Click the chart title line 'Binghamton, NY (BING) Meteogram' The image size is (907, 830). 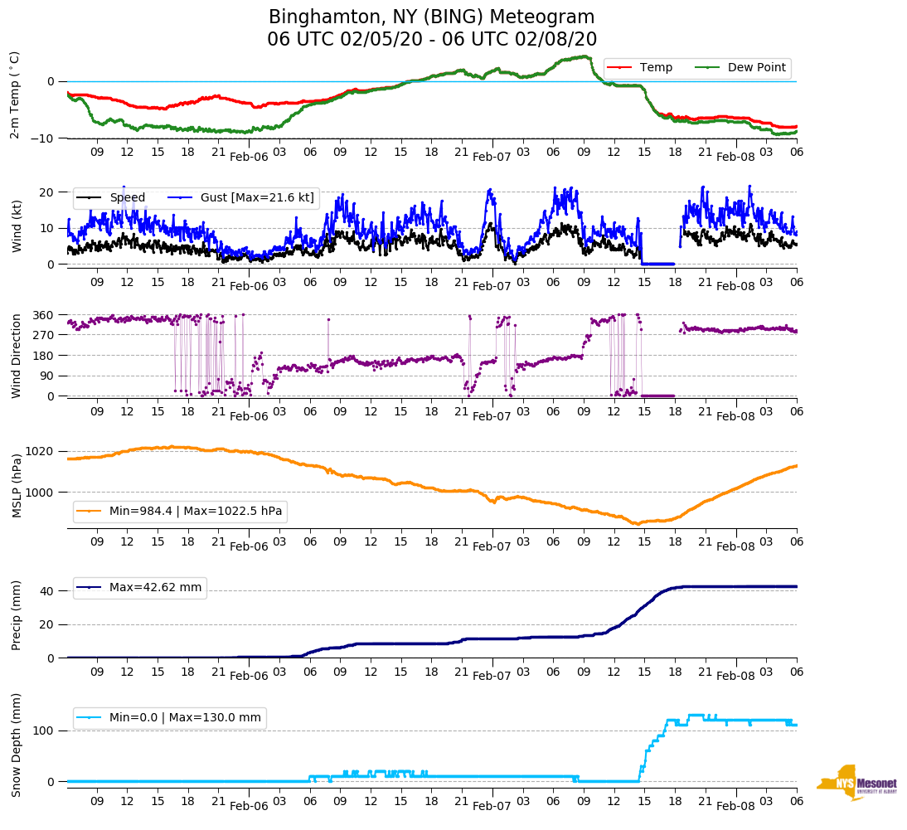(432, 17)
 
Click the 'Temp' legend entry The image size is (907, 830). (656, 67)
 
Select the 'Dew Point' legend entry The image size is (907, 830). (756, 67)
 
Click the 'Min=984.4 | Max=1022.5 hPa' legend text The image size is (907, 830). (196, 511)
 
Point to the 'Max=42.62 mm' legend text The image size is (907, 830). (155, 587)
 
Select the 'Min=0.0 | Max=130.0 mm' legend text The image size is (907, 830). (185, 717)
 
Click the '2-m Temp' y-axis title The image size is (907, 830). (15, 95)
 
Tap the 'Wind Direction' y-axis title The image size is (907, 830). (17, 356)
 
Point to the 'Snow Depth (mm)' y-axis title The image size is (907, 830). (17, 744)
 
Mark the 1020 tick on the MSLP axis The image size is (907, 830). (41, 452)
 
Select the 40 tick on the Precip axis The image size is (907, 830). (47, 591)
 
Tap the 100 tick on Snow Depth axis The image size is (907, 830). (44, 730)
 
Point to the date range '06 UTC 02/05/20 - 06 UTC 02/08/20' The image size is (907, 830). (432, 40)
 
